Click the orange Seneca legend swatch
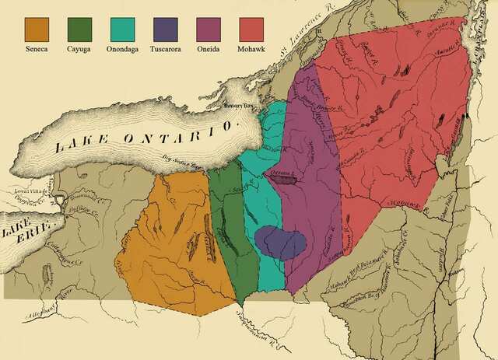(37, 30)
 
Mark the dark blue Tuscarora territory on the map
(279, 242)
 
